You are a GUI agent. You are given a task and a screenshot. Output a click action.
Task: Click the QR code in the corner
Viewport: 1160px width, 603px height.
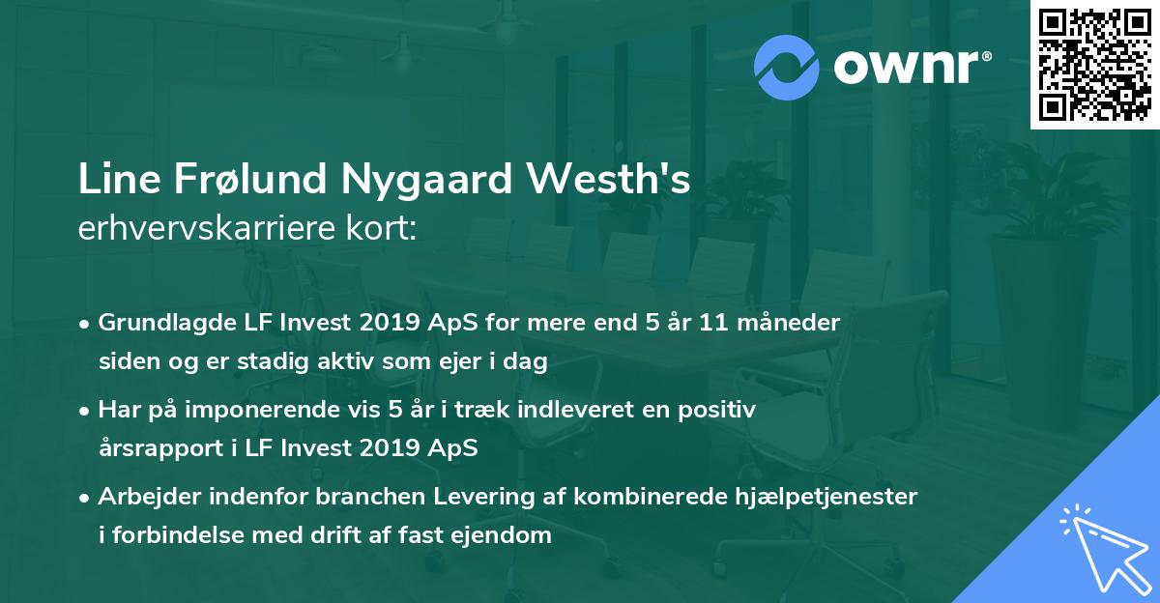1095,64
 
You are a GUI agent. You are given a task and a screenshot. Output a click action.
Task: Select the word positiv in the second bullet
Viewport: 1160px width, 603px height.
721,409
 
